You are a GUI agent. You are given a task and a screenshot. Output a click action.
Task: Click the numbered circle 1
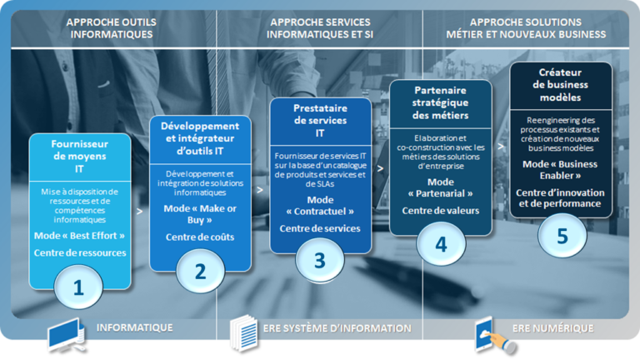pyautogui.click(x=79, y=287)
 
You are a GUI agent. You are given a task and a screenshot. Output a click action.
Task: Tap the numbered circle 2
pyautogui.click(x=200, y=271)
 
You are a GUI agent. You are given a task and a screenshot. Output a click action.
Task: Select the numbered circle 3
pyautogui.click(x=319, y=259)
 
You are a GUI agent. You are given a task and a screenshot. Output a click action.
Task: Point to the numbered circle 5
pyautogui.click(x=562, y=235)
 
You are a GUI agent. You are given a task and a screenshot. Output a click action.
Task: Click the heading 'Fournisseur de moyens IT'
pyautogui.click(x=79, y=155)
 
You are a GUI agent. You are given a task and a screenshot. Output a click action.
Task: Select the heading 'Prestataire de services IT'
pyautogui.click(x=320, y=120)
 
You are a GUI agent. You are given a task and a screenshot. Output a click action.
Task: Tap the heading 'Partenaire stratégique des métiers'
pyautogui.click(x=441, y=102)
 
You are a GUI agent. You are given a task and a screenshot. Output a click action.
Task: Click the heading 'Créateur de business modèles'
pyautogui.click(x=561, y=84)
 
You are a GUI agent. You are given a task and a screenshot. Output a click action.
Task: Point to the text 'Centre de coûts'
pyautogui.click(x=200, y=237)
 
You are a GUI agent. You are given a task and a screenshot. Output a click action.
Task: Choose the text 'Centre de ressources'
pyautogui.click(x=80, y=252)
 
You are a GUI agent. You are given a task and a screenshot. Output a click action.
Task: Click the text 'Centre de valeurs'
pyautogui.click(x=441, y=211)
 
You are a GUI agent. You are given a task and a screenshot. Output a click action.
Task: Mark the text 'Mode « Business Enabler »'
pyautogui.click(x=561, y=170)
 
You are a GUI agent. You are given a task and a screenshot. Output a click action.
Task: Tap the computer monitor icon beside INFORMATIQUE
pyautogui.click(x=66, y=332)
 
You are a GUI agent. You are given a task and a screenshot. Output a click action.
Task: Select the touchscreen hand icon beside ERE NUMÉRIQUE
pyautogui.click(x=492, y=332)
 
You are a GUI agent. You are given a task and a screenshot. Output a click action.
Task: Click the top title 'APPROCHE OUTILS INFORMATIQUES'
pyautogui.click(x=112, y=28)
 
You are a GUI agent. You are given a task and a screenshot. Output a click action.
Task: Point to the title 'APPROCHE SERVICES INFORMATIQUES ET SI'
pyautogui.click(x=320, y=28)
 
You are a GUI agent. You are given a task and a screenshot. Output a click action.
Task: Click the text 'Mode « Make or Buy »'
pyautogui.click(x=200, y=213)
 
